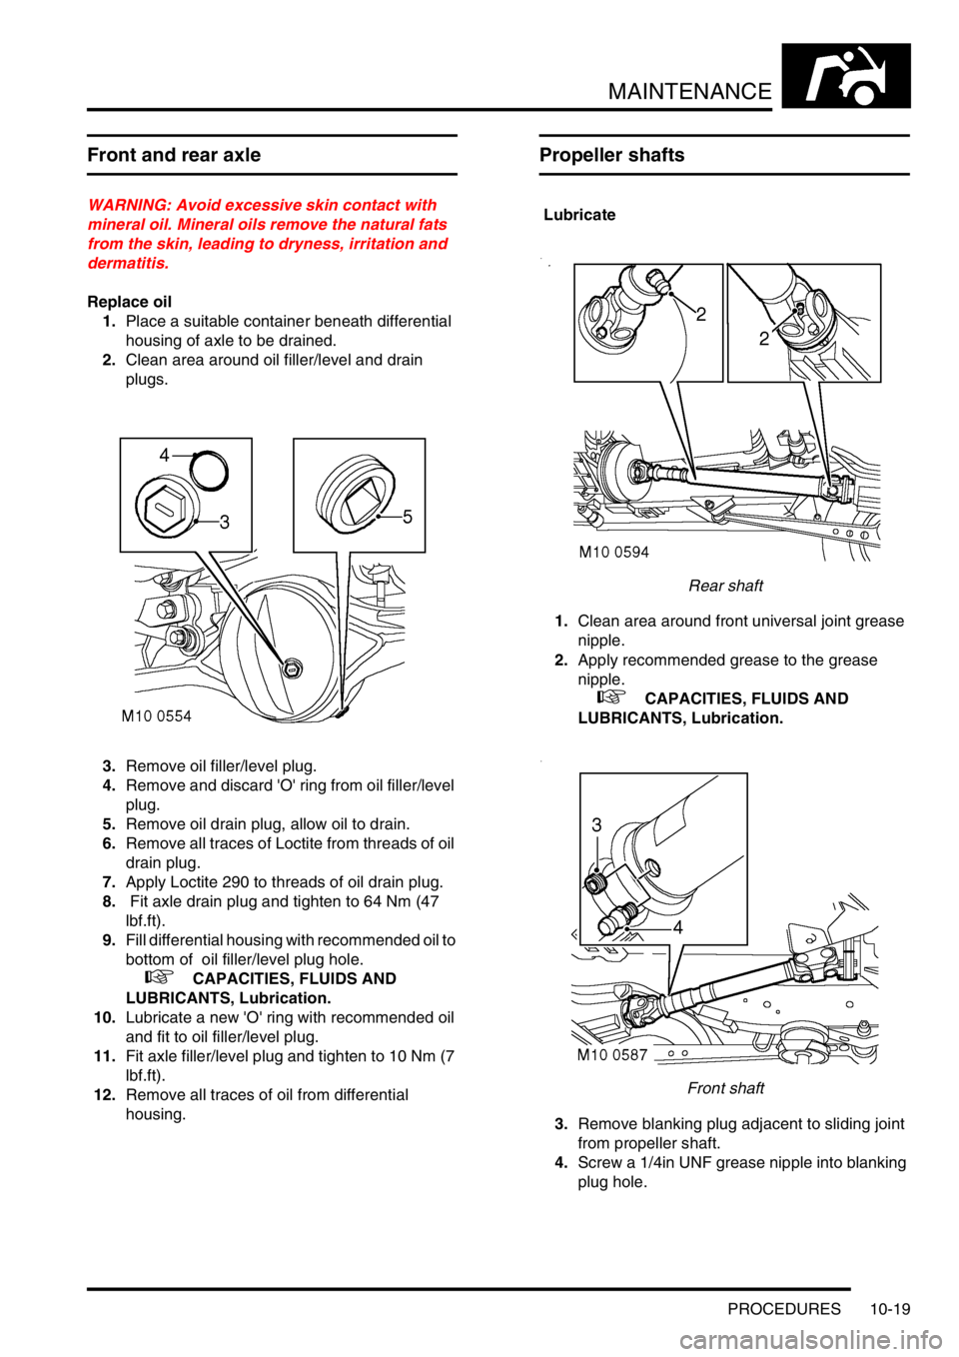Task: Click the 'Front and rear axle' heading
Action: (x=174, y=155)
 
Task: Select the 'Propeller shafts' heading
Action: (x=611, y=155)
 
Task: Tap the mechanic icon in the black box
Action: (x=846, y=76)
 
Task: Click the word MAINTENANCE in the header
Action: (x=690, y=92)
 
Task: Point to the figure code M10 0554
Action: (x=157, y=716)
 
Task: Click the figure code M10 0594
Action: (x=614, y=552)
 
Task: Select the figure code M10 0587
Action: (x=612, y=1054)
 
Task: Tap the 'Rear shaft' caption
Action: (x=726, y=586)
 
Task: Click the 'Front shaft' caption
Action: (x=726, y=1088)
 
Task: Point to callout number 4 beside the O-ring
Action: (x=165, y=455)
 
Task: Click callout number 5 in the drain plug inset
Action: (x=408, y=517)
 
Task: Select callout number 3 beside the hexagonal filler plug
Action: (x=225, y=522)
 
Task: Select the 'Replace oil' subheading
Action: (x=130, y=302)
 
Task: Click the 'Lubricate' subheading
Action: (x=579, y=215)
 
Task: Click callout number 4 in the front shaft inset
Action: (x=678, y=927)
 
